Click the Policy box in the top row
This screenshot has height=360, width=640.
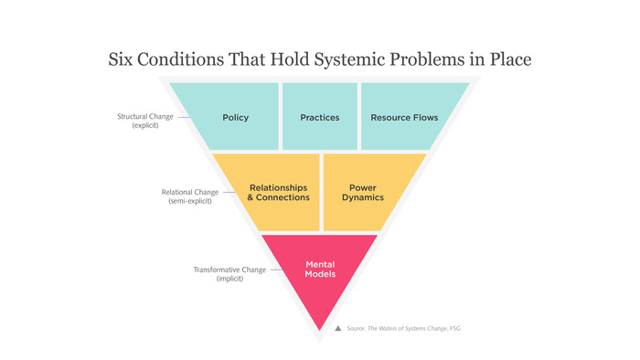[x=235, y=117]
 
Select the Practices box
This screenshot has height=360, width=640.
[x=319, y=117]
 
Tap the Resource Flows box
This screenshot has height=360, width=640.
[x=404, y=117]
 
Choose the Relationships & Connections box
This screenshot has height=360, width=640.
[x=279, y=193]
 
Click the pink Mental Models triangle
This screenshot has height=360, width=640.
[x=319, y=270]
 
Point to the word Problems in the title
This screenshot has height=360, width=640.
[x=426, y=60]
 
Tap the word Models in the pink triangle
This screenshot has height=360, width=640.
[x=319, y=274]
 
